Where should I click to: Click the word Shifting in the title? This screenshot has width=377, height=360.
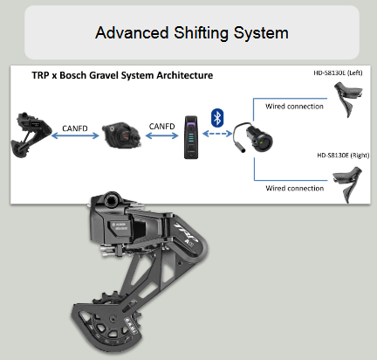(201, 33)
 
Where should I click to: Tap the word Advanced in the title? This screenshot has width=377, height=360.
(132, 32)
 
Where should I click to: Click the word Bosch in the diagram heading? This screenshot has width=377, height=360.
(72, 75)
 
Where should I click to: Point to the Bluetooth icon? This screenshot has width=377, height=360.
(217, 118)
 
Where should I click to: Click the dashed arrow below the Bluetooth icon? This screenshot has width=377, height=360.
(217, 134)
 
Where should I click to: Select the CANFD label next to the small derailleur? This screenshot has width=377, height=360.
(75, 128)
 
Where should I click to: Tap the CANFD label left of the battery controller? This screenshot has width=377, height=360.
(161, 127)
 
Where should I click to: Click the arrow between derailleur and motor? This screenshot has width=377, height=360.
(75, 135)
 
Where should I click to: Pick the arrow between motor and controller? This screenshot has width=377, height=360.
(161, 135)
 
